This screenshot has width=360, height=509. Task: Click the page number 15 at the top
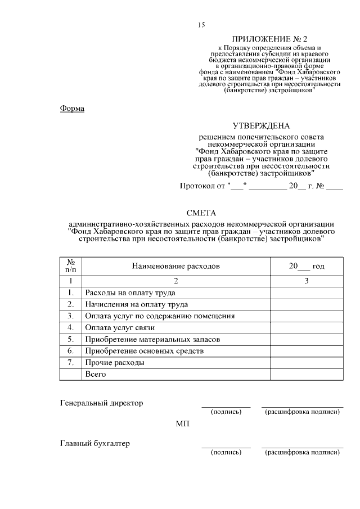pos(201,24)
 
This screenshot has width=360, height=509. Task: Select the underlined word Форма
pos(72,109)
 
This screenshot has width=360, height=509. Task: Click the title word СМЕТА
pos(201,212)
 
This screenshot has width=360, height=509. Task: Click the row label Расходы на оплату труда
pos(130,292)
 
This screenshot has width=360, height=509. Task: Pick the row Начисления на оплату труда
pos(136,304)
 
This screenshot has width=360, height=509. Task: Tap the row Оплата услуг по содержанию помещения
pos(159,316)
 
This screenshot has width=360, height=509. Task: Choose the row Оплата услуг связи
pos(119,328)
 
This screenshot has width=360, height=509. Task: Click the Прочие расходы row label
pos(114,363)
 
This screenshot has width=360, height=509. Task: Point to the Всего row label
pos(95,375)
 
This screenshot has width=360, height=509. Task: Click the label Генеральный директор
pos(101,403)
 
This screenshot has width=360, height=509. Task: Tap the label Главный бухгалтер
pos(94,443)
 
